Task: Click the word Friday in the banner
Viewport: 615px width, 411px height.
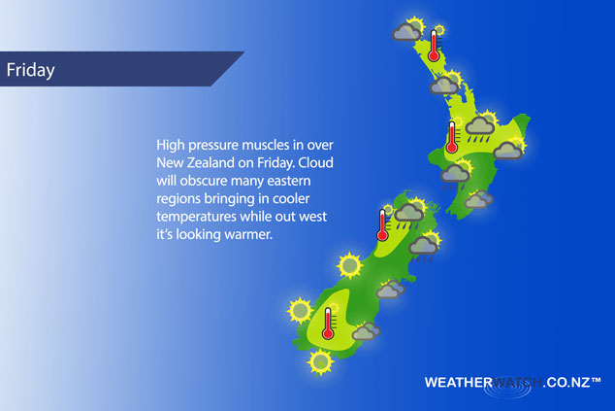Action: tap(31, 70)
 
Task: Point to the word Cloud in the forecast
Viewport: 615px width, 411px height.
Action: tap(315, 162)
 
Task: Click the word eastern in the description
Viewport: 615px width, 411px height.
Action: tap(289, 181)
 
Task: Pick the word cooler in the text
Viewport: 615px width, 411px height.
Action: tap(291, 198)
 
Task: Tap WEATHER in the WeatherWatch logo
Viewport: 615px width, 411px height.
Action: tap(458, 382)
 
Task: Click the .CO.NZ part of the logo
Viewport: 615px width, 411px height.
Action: tap(566, 382)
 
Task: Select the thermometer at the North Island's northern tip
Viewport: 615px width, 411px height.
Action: tap(434, 46)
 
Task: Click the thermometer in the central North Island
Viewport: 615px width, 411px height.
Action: tap(452, 137)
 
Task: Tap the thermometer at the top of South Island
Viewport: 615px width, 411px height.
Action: tap(382, 224)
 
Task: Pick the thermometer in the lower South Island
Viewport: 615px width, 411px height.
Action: tap(328, 324)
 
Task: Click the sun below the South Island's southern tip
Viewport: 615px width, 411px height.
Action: tap(320, 361)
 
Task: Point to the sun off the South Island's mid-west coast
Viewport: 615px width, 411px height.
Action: tap(349, 265)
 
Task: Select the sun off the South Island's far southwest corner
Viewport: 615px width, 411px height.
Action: tap(300, 310)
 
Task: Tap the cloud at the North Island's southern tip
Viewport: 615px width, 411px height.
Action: tap(478, 199)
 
